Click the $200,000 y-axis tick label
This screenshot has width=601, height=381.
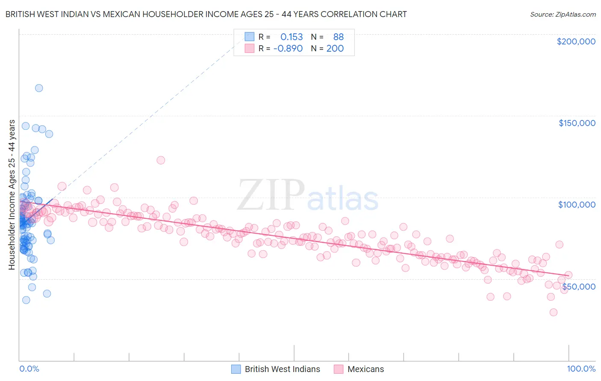[576, 41]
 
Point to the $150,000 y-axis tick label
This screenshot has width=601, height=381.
[577, 123]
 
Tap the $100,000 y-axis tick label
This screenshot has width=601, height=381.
[577, 205]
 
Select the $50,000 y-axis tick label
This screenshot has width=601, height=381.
[578, 286]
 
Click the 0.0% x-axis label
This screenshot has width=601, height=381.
[29, 369]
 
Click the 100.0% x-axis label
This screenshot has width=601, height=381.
[581, 369]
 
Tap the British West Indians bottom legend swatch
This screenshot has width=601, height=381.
[236, 369]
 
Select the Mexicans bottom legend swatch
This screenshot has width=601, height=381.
[339, 369]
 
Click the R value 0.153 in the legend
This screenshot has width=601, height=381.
[292, 37]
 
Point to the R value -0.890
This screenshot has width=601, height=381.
[288, 49]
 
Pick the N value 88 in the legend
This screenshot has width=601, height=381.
[339, 37]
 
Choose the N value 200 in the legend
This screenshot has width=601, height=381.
[335, 49]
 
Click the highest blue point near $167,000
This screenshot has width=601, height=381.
[39, 88]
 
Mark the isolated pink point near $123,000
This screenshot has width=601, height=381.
[161, 160]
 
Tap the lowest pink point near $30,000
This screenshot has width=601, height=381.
[554, 312]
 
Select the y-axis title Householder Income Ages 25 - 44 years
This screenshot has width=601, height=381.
[12, 195]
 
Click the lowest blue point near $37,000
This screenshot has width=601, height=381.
[26, 300]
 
